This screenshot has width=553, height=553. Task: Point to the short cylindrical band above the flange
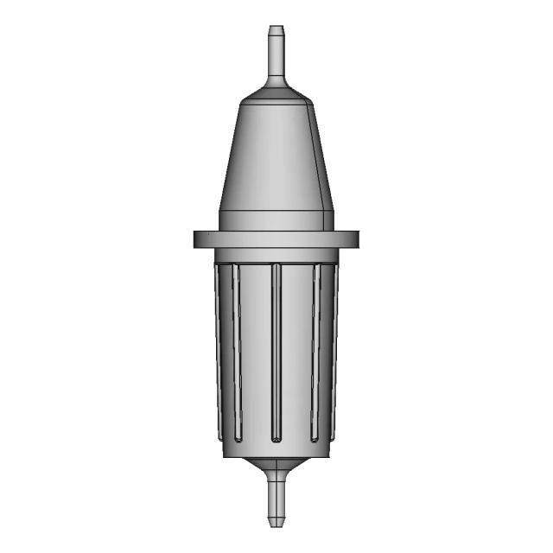(x=276, y=221)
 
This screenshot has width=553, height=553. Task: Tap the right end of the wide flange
(x=355, y=239)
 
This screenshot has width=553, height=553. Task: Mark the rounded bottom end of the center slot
(x=276, y=438)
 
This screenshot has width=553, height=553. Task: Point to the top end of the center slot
(x=276, y=267)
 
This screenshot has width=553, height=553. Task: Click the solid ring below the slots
(x=276, y=450)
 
